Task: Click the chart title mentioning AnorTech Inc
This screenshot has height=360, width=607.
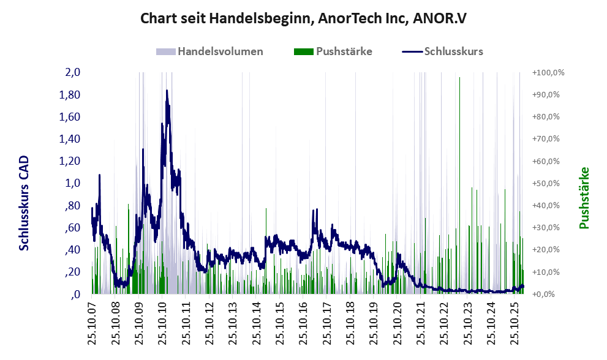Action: pos(303,18)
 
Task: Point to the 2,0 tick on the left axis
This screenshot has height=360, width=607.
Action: pos(73,73)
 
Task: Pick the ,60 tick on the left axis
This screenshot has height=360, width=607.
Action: pos(72,228)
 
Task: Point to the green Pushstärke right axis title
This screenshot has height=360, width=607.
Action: pos(583,198)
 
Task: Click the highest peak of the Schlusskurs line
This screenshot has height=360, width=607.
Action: pos(167,91)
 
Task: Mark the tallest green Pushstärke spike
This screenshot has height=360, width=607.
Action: pos(459,78)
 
